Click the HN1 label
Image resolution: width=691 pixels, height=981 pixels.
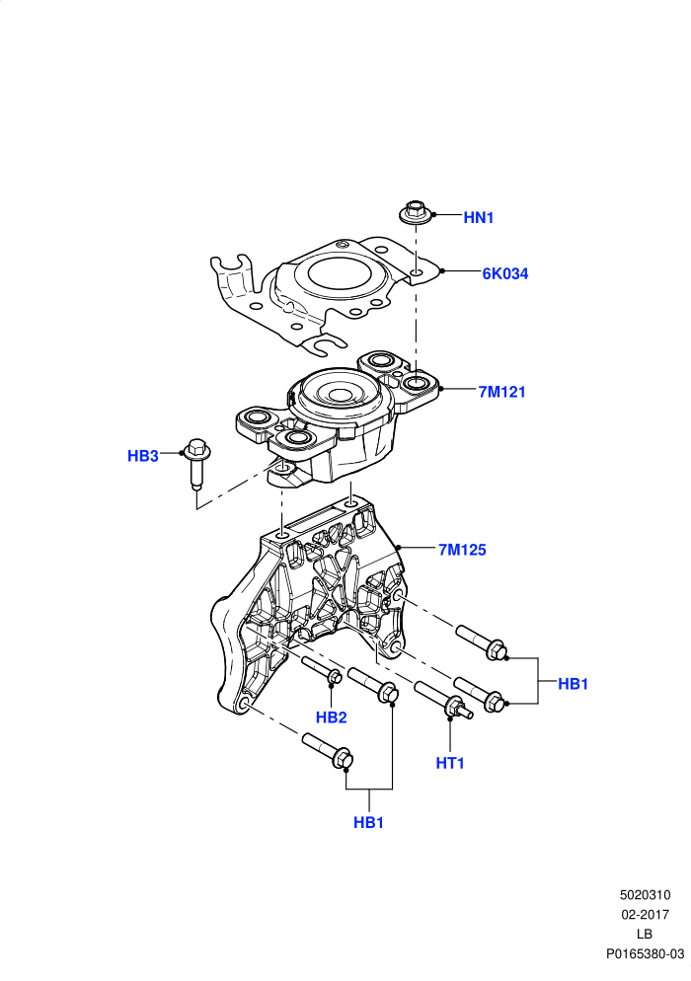pyautogui.click(x=478, y=218)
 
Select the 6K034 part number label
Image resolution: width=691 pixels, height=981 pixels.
pyautogui.click(x=504, y=274)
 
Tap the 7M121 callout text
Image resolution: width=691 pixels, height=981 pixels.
pyautogui.click(x=502, y=392)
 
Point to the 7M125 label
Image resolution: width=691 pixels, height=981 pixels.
pyautogui.click(x=462, y=550)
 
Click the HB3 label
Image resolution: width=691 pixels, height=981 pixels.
pyautogui.click(x=143, y=456)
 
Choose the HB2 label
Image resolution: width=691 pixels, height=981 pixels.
pyautogui.click(x=331, y=717)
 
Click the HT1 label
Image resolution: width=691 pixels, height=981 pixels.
pyautogui.click(x=450, y=763)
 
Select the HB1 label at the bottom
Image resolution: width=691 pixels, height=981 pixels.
pyautogui.click(x=368, y=823)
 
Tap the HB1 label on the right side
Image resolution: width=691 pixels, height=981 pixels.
pyautogui.click(x=573, y=685)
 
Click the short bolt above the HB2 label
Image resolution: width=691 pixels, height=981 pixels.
pyautogui.click(x=323, y=670)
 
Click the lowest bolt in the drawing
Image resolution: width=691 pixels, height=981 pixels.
pyautogui.click(x=328, y=750)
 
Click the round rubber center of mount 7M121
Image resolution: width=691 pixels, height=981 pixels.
pyautogui.click(x=339, y=394)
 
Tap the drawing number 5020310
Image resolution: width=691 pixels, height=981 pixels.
pyautogui.click(x=646, y=895)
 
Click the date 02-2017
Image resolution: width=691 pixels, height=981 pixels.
pyautogui.click(x=646, y=915)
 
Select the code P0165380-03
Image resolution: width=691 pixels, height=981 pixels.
pyautogui.click(x=646, y=954)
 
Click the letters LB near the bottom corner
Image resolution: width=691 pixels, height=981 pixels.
pyautogui.click(x=645, y=934)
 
